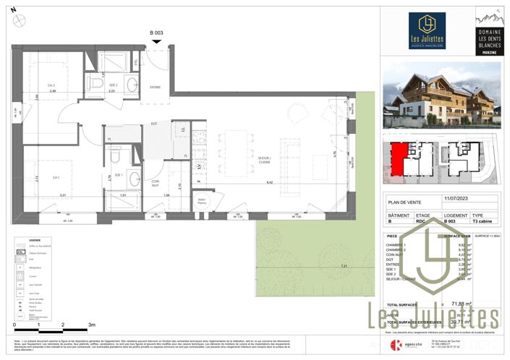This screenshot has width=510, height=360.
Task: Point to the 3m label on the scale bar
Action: (x=90, y=325)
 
